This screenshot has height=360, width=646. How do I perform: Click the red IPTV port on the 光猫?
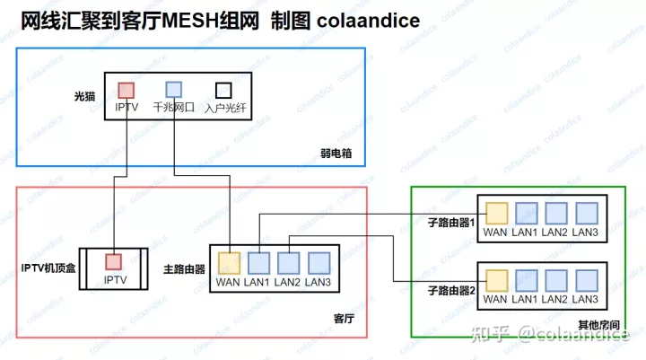point(127,90)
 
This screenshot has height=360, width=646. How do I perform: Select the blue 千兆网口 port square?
point(174,90)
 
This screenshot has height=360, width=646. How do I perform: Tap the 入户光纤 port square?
point(223,90)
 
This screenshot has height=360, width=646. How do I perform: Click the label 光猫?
point(84,95)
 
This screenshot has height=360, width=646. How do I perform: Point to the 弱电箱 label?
point(336,154)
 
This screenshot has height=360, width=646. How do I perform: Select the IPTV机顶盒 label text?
point(48,268)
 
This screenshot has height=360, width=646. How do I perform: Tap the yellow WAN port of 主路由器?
point(229,263)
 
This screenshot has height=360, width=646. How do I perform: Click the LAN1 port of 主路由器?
point(258,263)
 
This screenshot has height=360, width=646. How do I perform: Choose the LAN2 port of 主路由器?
point(288,263)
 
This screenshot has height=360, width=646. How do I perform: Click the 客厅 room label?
point(345,319)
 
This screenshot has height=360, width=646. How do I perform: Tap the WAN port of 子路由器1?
point(496,213)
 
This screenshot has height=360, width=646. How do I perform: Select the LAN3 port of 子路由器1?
point(586,213)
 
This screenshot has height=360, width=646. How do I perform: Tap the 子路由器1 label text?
point(450,222)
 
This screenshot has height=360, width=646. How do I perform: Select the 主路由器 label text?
point(184,268)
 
